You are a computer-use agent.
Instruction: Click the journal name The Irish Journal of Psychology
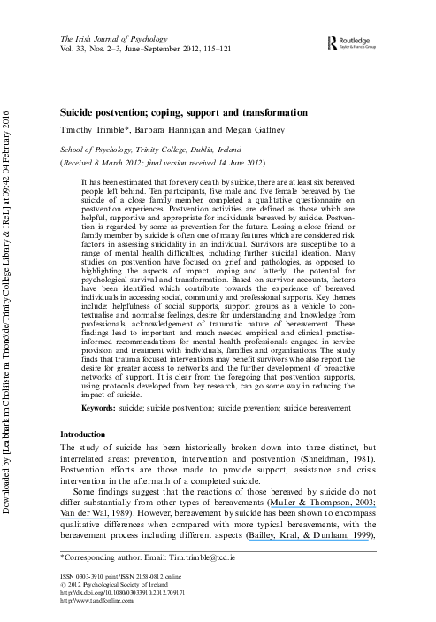(111, 40)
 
